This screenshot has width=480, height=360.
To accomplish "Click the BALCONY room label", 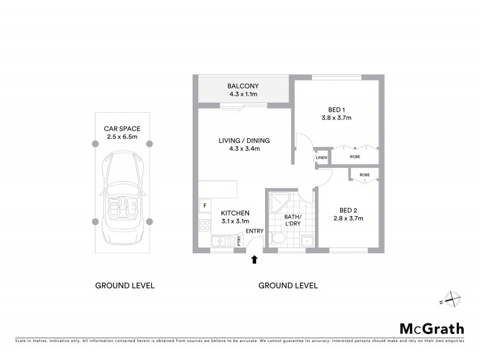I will point(243,86).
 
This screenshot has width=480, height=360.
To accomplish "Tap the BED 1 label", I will point(335,109).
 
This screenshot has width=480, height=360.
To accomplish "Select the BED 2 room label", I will point(348,210).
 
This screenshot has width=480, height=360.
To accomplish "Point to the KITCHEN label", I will point(235,213).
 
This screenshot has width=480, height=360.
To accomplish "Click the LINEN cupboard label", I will point(322,158).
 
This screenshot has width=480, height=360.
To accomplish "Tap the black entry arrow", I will point(254,259).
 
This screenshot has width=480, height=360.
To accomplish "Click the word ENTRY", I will point(254,231).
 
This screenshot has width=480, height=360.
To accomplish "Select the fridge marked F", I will point(205,206).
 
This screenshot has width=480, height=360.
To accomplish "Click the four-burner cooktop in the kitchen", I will point(205,226).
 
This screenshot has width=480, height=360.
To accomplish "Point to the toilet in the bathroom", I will point(277,239).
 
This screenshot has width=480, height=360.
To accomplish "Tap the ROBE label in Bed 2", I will point(364,175).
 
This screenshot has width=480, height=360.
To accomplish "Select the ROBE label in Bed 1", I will point(355,157).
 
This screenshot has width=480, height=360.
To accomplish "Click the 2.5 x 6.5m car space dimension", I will point(122,136).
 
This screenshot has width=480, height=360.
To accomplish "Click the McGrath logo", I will point(432,328).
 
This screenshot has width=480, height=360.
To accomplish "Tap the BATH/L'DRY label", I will point(293,220).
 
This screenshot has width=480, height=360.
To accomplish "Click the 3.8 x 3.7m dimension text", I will point(336,118).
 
